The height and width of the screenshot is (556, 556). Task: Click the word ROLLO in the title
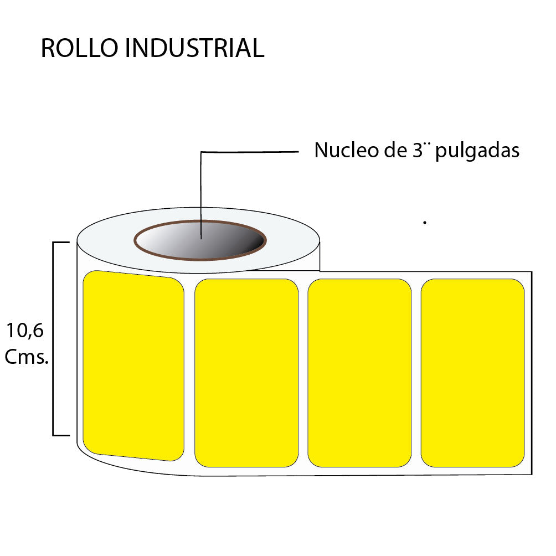[x=79, y=49]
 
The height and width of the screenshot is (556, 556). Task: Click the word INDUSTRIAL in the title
[x=194, y=49]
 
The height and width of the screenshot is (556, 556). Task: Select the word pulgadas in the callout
[x=477, y=152]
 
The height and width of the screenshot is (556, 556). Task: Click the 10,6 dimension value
[x=25, y=331]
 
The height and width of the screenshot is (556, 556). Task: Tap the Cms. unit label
[x=27, y=358]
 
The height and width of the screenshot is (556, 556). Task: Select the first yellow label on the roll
[x=133, y=365]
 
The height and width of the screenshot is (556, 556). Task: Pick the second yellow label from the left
[x=246, y=373]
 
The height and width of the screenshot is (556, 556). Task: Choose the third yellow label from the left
[x=359, y=373]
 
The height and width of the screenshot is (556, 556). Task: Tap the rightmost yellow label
[x=472, y=373]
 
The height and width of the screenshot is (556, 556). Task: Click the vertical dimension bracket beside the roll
[x=54, y=338]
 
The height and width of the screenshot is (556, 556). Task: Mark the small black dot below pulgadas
[x=424, y=223]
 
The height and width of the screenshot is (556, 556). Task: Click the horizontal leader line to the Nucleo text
[x=249, y=151]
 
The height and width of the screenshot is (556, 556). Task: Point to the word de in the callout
[x=393, y=151]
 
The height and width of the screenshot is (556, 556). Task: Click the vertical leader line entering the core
[x=201, y=194]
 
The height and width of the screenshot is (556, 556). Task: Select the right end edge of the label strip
[x=532, y=373]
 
